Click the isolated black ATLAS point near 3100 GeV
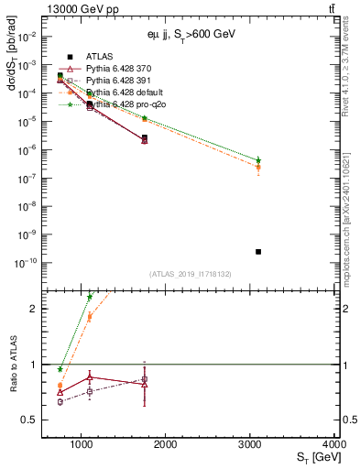(x=258, y=251)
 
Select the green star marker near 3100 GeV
(x=258, y=160)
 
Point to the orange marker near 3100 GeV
(x=258, y=168)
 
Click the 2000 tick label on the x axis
(x=166, y=444)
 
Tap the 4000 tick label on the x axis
(x=333, y=444)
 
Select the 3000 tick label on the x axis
(x=250, y=444)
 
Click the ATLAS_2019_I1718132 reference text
(x=189, y=274)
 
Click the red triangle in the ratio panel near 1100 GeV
(x=89, y=376)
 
